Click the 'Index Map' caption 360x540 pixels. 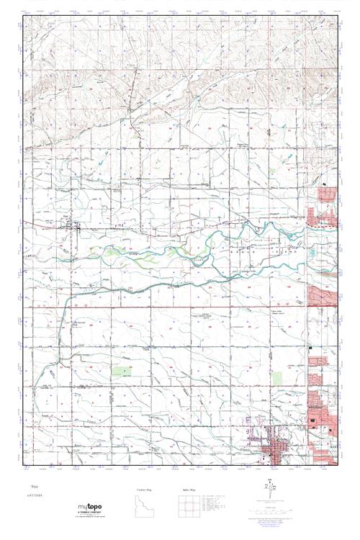coord(189,489)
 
